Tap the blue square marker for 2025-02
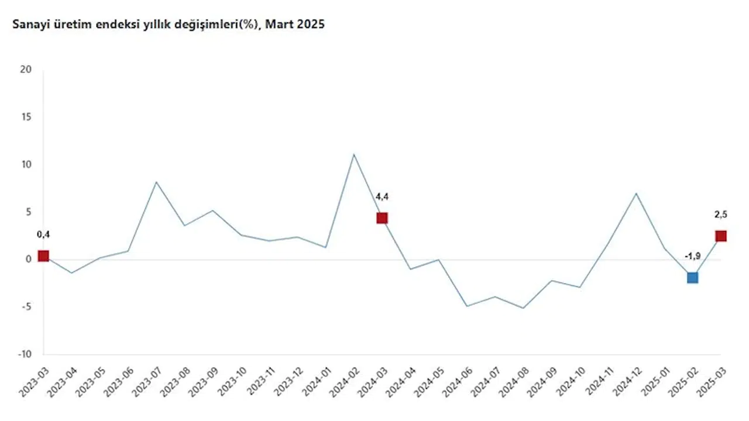click(692, 277)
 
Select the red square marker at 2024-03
click(382, 218)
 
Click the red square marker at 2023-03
click(43, 256)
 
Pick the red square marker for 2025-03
click(720, 236)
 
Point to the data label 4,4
click(382, 196)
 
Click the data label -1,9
click(692, 256)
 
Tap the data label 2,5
click(720, 215)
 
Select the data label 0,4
click(43, 234)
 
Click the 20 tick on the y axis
click(26, 70)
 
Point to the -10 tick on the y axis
click(24, 354)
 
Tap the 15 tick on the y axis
click(26, 117)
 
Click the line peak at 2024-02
click(353, 154)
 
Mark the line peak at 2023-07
click(156, 182)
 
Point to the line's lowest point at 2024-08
click(523, 308)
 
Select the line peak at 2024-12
click(636, 193)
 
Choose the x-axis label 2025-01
click(657, 381)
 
